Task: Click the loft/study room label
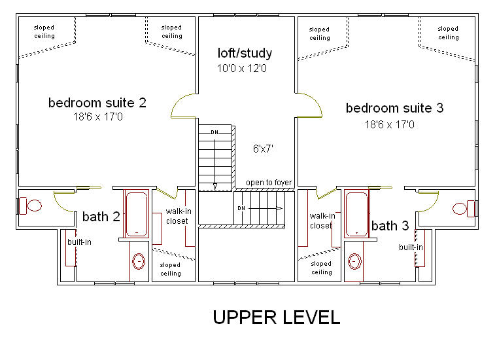[245, 53]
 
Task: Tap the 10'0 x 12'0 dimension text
[242, 68]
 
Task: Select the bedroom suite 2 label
[97, 103]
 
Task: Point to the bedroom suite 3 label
[394, 108]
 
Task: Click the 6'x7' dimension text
[263, 149]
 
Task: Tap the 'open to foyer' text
[269, 183]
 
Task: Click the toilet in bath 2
[31, 206]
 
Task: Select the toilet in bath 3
[464, 209]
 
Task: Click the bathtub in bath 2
[136, 214]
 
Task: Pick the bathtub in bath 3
[356, 214]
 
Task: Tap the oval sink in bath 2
[139, 262]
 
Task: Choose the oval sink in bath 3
[354, 262]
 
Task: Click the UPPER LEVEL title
[277, 317]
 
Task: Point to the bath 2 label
[101, 217]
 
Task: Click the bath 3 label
[390, 226]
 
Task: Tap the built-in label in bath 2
[79, 242]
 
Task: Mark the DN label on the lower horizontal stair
[241, 208]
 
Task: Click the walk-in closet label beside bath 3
[322, 221]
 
